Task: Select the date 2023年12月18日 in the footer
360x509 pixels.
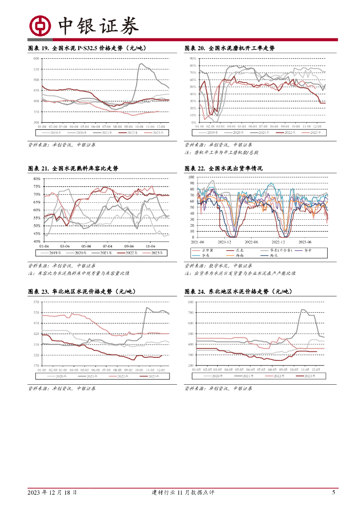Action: click(52, 493)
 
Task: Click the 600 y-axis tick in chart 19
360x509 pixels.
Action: click(36, 59)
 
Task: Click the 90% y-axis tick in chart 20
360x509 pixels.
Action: click(193, 59)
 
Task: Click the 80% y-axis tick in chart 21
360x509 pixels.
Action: click(37, 178)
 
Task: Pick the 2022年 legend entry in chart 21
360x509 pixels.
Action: click(131, 253)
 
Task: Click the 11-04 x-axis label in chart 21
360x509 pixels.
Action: click(150, 246)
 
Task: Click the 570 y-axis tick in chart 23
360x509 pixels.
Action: click(36, 302)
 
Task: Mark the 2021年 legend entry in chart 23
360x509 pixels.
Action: click(88, 376)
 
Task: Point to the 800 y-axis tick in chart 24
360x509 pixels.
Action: click(190, 302)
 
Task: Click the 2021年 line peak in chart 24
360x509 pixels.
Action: click(302, 310)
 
